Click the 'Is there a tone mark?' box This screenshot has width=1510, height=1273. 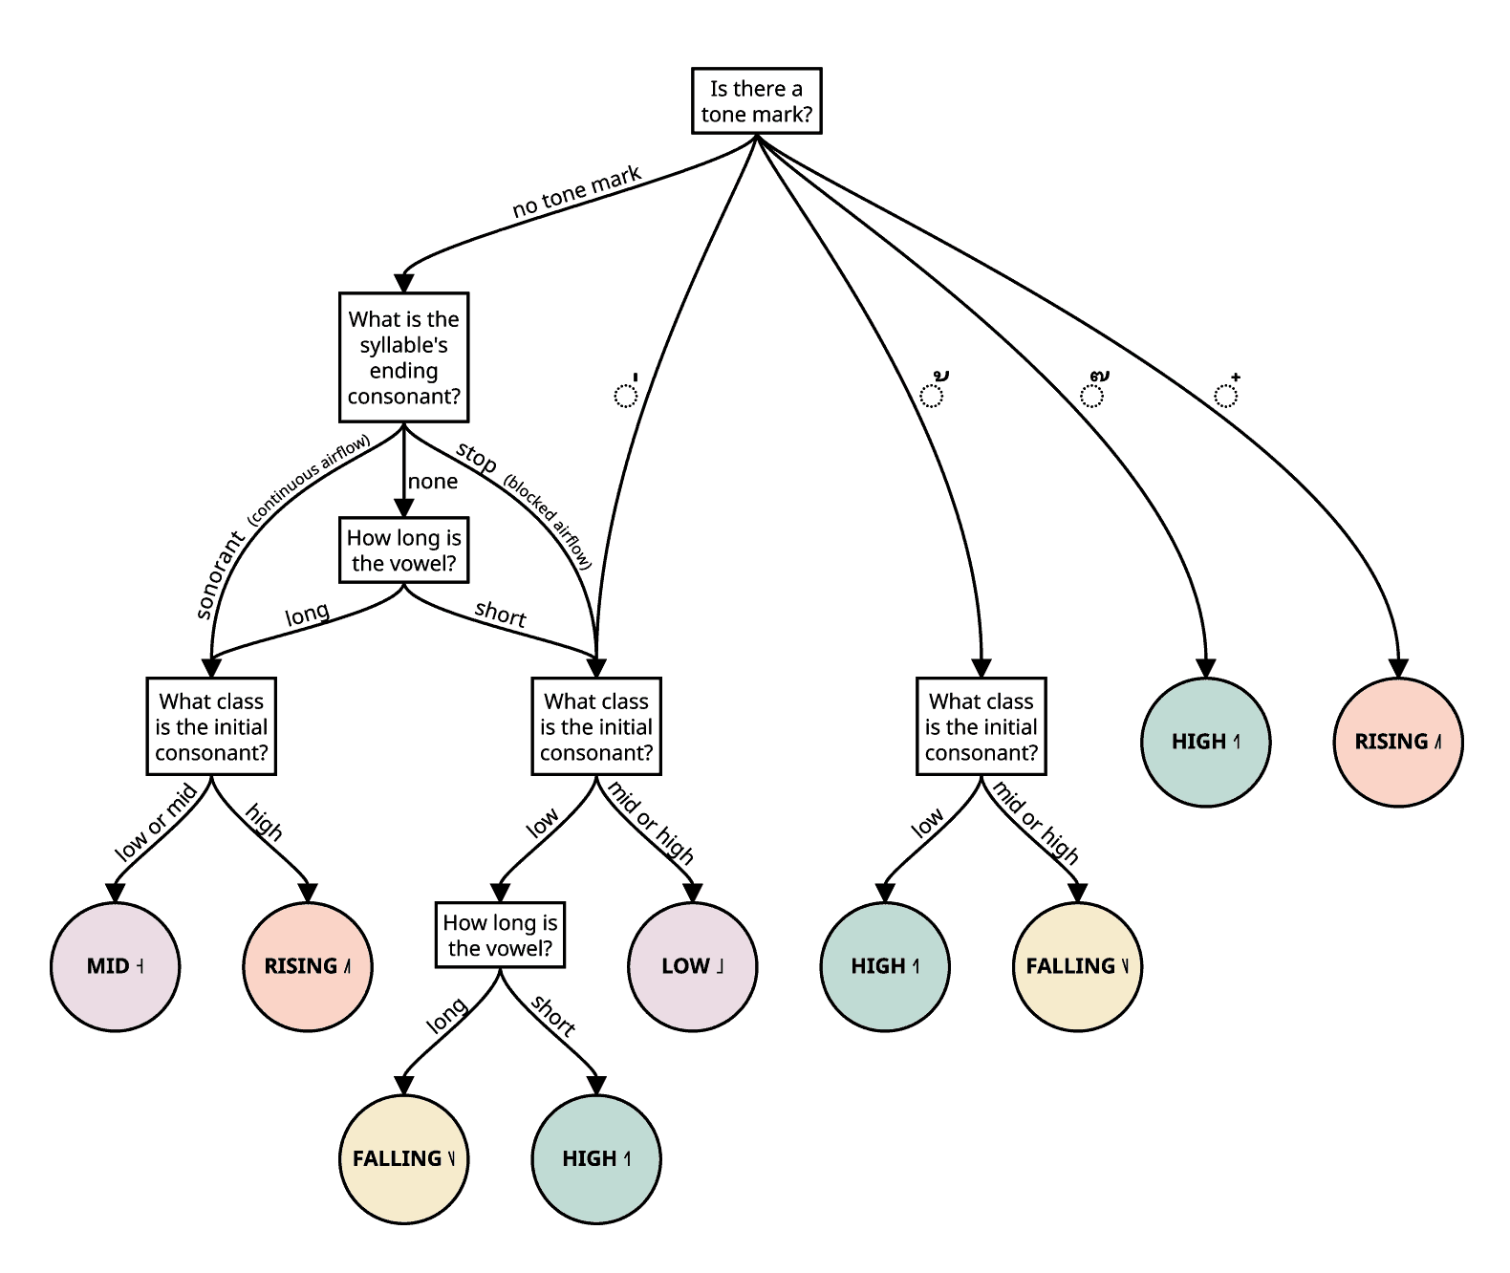coord(757,101)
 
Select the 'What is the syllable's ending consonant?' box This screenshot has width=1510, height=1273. coord(403,357)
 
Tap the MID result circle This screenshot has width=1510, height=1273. coord(115,966)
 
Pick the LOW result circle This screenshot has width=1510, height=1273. coord(692,966)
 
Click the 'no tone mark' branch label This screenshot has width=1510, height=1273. coord(576,192)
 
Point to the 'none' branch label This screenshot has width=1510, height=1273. coord(433,482)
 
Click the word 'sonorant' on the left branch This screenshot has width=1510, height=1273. coord(220,575)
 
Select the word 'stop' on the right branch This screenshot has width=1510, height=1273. coord(476,457)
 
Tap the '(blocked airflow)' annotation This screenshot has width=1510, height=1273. coord(549,522)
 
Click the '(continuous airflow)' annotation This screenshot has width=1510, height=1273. coord(309,480)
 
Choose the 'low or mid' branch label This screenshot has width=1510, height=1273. coord(156,823)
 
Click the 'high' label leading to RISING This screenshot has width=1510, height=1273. coord(263,823)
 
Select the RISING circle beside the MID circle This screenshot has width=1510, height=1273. coord(308,966)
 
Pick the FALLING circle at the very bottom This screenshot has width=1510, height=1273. coord(403,1158)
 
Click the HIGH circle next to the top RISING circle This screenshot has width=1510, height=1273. coord(1205,742)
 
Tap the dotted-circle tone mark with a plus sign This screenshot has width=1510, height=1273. coord(1226,390)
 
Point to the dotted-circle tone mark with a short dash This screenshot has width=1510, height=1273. coord(626,391)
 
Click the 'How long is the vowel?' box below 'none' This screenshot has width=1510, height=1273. coord(403,550)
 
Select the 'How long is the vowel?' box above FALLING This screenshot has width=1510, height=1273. coord(500,936)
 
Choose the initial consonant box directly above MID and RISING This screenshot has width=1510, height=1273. coord(211,727)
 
